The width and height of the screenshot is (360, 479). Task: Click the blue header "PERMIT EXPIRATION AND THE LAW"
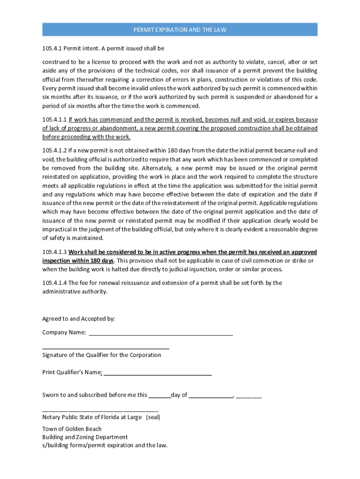pos(180,30)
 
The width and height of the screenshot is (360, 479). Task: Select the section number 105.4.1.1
pos(54,120)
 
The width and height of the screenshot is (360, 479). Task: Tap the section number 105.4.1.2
pos(54,151)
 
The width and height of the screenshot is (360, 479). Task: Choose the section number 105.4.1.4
pos(54,283)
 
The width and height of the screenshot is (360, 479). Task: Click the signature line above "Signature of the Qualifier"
pos(106,348)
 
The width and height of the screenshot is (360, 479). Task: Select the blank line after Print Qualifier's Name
pos(158,373)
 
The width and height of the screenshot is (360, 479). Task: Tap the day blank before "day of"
pos(159,396)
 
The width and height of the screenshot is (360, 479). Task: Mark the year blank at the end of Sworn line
pos(249,396)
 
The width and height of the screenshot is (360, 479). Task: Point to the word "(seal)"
pos(153,417)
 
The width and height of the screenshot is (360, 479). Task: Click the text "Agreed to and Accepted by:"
pos(79,319)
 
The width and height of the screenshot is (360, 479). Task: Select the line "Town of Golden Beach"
pos(72,429)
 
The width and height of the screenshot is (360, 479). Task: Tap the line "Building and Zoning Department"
pos(85,437)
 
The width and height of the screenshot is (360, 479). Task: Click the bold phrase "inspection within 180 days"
pos(78,261)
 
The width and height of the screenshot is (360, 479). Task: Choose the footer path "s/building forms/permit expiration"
pos(104,445)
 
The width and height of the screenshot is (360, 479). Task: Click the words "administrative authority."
pos(74,291)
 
